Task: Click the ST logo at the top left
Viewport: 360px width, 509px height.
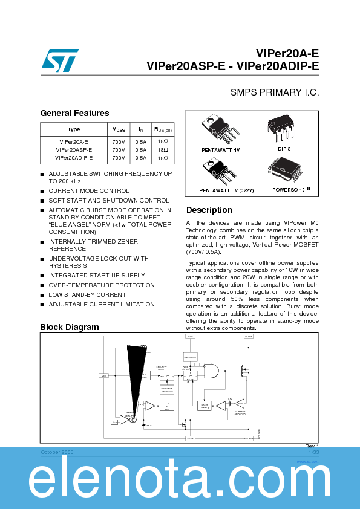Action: [x=60, y=60]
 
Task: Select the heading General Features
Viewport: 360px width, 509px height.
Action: [x=74, y=113]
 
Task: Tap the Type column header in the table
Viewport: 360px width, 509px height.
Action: [x=74, y=129]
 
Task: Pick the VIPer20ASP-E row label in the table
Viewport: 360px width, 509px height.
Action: [x=74, y=149]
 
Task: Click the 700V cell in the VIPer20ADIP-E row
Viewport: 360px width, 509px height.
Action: [x=119, y=157]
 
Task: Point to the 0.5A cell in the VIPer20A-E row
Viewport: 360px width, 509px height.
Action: [x=140, y=141]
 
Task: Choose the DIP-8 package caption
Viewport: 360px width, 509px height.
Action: [x=284, y=148]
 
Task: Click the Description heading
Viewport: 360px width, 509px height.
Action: [x=209, y=210]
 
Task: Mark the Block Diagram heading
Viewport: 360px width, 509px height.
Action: [x=69, y=327]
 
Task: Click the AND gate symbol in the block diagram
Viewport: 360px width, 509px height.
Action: [x=211, y=371]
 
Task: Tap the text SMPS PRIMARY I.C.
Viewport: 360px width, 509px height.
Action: [x=274, y=92]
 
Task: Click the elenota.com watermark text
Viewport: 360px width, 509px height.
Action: [x=180, y=481]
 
